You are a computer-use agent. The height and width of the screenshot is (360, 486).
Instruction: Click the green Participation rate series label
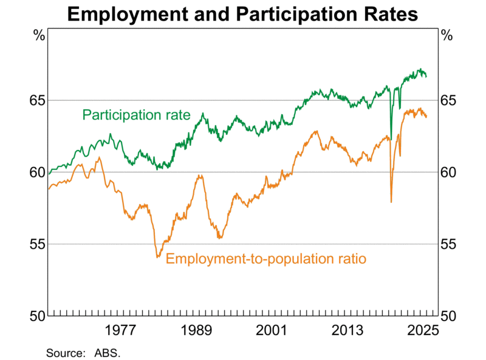[x=137, y=115]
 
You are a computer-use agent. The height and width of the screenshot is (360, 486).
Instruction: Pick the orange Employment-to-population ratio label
[x=266, y=259]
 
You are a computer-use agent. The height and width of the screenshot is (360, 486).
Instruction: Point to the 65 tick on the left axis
[x=37, y=100]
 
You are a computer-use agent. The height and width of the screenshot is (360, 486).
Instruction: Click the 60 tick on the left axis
[x=37, y=172]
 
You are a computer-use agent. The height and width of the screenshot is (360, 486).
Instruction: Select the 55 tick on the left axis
[x=37, y=244]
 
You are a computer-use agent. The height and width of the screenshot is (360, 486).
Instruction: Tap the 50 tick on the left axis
[x=37, y=316]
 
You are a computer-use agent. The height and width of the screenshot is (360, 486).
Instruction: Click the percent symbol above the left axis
[x=39, y=35]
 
